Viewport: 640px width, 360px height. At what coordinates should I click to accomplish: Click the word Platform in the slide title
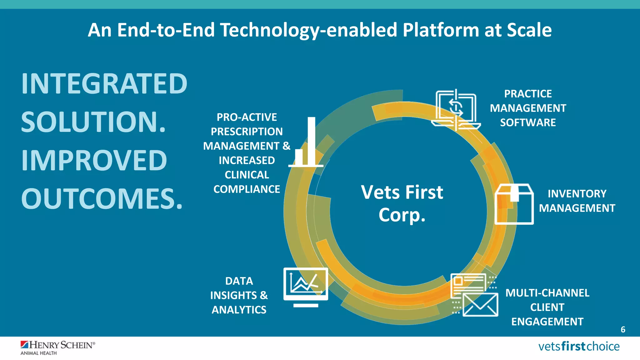440,30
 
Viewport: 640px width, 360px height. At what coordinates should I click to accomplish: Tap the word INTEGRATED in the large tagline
104,84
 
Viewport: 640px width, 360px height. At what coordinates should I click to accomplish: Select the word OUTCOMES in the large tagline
102,199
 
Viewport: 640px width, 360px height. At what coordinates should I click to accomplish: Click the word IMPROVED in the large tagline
94,161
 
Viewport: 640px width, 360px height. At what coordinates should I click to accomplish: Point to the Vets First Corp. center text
402,203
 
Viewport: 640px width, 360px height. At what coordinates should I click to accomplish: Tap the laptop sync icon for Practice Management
456,110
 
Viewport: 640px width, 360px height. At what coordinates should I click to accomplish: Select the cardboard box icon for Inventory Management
514,204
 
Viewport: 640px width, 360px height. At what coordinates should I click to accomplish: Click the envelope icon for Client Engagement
480,304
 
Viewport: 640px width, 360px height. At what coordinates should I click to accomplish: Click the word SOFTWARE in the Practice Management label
528,122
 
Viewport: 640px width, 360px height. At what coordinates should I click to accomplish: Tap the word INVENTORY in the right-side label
577,194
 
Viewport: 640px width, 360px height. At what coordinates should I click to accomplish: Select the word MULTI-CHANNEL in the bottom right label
547,293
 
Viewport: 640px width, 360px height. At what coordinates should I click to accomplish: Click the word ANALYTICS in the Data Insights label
239,310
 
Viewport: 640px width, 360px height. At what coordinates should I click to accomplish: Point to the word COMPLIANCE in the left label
247,189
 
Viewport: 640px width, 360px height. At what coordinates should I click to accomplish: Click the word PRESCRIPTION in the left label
247,132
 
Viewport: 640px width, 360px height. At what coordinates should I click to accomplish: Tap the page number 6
623,330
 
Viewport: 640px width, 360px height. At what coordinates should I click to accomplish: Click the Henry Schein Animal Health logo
57,348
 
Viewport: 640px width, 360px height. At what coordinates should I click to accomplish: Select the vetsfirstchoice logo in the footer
579,347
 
